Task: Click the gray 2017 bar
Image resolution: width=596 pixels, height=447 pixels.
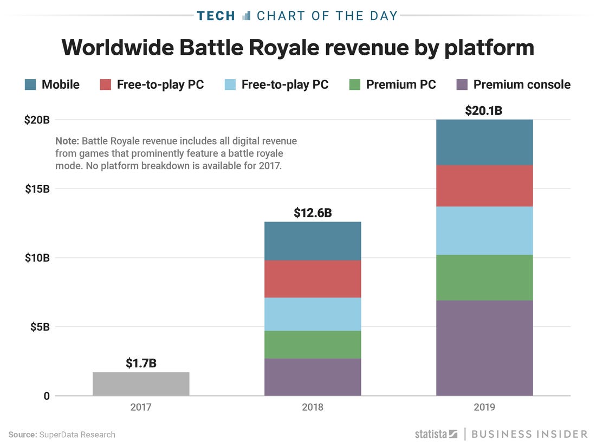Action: (141, 384)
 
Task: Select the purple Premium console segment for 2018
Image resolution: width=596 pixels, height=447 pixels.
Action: (313, 377)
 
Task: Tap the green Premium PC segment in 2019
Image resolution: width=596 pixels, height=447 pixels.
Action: (484, 277)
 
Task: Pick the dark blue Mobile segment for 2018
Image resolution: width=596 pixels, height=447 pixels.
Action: (313, 241)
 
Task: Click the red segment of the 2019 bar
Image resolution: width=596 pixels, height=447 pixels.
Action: (484, 185)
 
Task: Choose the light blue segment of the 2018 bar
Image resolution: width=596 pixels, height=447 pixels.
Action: (313, 314)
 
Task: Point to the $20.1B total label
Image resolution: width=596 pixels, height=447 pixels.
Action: (484, 111)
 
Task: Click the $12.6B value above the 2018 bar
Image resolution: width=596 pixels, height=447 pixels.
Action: (313, 212)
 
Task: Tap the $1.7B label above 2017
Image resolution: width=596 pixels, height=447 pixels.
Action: (141, 363)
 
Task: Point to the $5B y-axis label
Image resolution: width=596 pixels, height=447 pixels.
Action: (39, 327)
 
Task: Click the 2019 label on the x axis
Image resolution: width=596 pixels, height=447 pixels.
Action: (484, 407)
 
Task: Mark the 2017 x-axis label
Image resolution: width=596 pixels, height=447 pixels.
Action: (141, 407)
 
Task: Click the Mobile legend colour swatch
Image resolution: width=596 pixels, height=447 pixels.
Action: (30, 85)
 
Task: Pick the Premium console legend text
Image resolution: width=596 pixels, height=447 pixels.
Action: (522, 85)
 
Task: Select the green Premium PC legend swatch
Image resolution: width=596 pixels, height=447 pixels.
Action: (355, 85)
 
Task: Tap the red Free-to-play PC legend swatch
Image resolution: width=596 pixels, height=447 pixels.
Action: (106, 85)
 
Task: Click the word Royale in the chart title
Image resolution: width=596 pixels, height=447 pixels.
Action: (282, 48)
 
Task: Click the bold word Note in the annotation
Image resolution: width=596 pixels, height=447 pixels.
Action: (67, 141)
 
